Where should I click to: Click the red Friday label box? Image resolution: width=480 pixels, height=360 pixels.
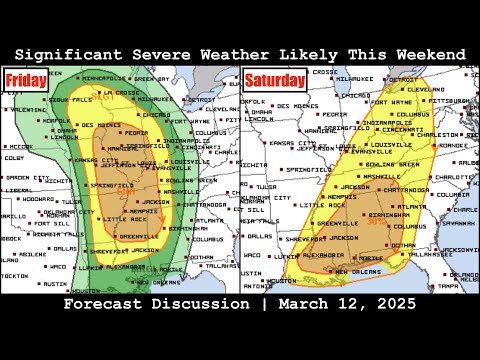point(24,80)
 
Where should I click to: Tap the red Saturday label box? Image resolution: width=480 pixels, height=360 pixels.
point(272,80)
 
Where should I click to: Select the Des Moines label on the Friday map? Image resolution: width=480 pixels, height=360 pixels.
point(102,125)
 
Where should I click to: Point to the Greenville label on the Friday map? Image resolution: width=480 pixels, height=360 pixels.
point(137,236)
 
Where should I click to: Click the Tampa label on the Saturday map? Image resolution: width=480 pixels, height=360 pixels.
point(459,286)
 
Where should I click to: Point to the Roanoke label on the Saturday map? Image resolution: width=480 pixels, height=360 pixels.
point(461,145)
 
